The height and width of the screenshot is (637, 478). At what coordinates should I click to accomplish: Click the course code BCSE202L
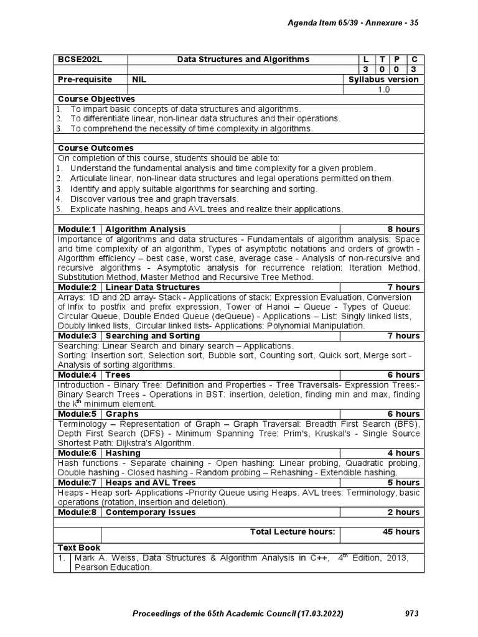[79, 59]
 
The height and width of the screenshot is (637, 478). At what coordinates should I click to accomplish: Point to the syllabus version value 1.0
[383, 90]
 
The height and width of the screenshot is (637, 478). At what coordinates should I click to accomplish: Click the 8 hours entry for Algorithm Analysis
[403, 229]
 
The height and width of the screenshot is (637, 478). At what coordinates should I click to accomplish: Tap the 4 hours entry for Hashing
[403, 453]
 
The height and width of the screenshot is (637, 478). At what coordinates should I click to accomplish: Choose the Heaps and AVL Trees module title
[151, 482]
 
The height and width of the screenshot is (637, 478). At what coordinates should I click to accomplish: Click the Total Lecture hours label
[293, 531]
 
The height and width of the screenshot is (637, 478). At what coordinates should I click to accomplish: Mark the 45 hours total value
[401, 531]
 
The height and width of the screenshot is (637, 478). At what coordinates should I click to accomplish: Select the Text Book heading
[78, 547]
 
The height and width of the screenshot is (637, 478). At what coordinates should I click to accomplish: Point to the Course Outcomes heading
[96, 148]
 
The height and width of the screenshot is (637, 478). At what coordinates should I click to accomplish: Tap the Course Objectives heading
[96, 99]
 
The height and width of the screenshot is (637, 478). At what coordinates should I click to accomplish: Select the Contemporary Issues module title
[151, 512]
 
